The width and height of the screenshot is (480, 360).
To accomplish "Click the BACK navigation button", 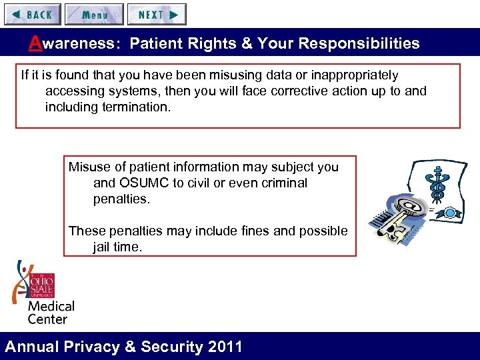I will pos(32,14).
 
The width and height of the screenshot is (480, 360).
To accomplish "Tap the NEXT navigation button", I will pos(157,14).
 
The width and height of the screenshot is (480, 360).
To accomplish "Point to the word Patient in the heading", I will pos(154,44).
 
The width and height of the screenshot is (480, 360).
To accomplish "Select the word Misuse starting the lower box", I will pos(89,167).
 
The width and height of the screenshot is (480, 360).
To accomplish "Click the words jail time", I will pos(117,247).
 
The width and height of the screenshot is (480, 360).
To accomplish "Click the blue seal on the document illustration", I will pos(451,213).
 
